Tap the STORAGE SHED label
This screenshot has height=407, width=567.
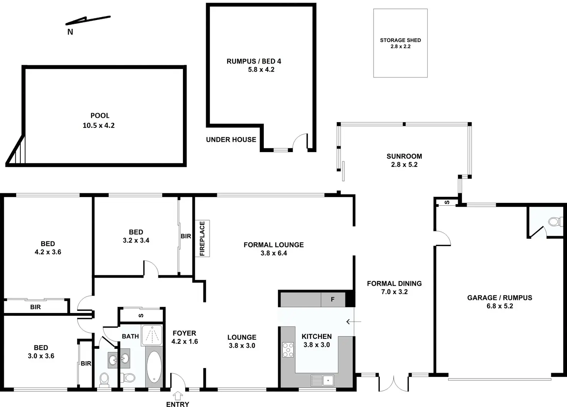(400, 40)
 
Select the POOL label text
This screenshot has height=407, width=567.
(100, 116)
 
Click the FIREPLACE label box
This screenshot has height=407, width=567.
(202, 238)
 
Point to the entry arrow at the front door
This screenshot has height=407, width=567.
(178, 395)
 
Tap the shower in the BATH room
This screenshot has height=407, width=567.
(152, 335)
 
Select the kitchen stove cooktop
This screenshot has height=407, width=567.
(288, 350)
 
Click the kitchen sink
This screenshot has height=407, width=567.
(322, 380)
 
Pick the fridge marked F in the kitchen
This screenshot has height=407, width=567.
(333, 300)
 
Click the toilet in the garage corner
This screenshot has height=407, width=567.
(555, 222)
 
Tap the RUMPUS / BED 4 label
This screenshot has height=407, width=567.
(254, 61)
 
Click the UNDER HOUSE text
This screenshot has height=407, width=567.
(231, 140)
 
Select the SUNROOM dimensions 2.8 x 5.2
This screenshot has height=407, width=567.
(404, 164)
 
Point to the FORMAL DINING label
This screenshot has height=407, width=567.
(394, 284)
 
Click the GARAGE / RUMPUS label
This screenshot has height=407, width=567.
(500, 298)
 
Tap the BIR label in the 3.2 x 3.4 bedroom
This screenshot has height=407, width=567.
(186, 236)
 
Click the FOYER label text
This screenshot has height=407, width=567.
(184, 333)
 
